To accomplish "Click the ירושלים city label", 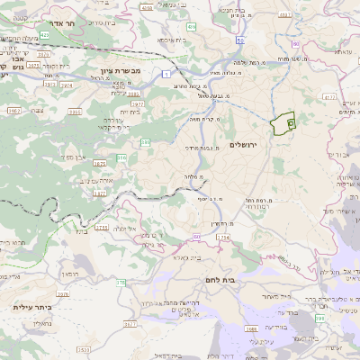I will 243,145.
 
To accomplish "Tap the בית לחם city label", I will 220,280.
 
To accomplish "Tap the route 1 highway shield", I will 167,72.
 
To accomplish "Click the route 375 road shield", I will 121,282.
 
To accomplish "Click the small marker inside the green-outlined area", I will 291,124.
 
